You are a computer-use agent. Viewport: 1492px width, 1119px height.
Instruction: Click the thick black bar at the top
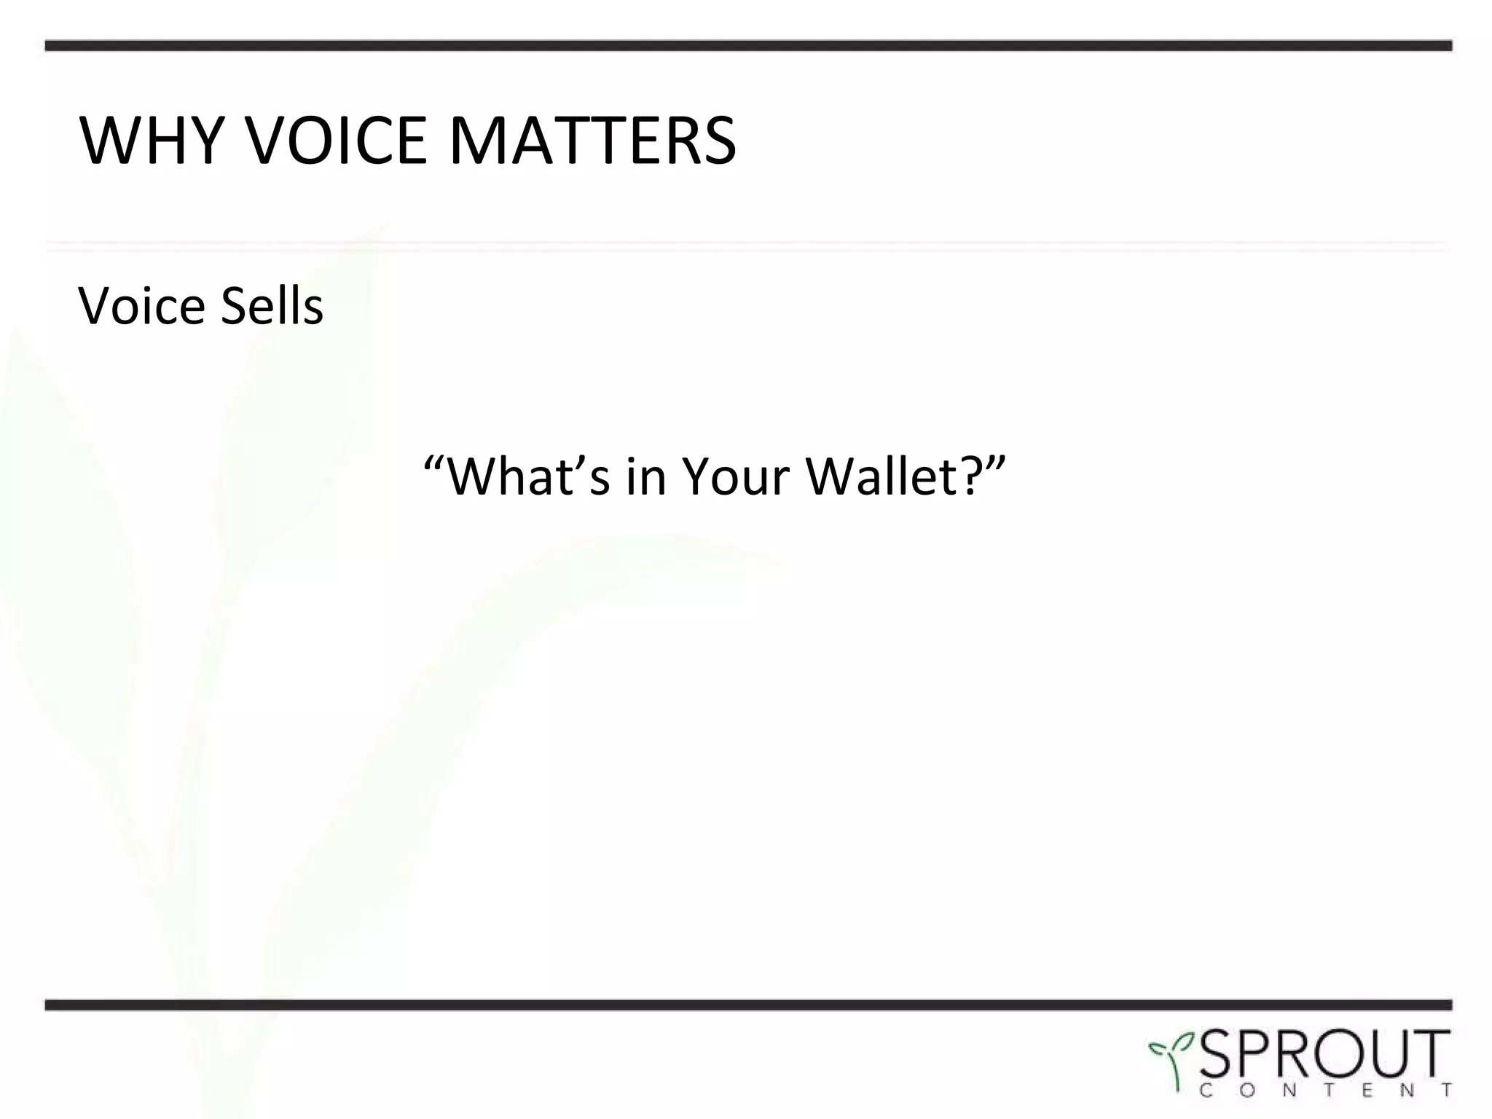coord(747,45)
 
